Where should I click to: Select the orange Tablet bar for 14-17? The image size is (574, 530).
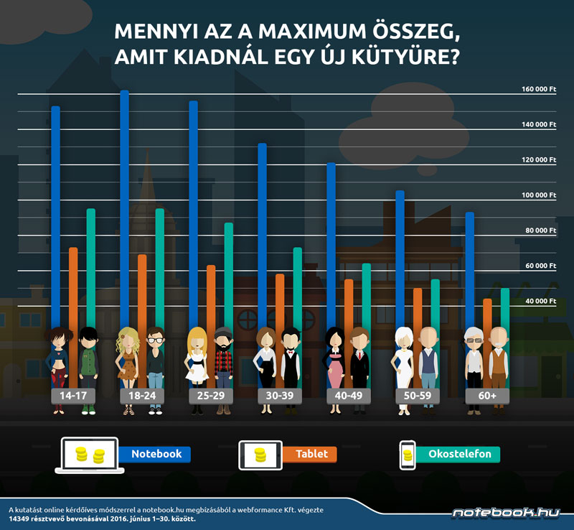73,287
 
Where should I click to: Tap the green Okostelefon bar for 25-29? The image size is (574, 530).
228,273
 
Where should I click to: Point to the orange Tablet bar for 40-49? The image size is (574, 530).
349,302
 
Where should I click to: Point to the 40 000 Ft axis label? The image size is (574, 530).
540,301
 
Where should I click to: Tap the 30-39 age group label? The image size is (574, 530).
278,396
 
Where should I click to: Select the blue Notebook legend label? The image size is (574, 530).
156,454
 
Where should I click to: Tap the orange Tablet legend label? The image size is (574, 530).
311,454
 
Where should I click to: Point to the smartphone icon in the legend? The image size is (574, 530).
408,455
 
